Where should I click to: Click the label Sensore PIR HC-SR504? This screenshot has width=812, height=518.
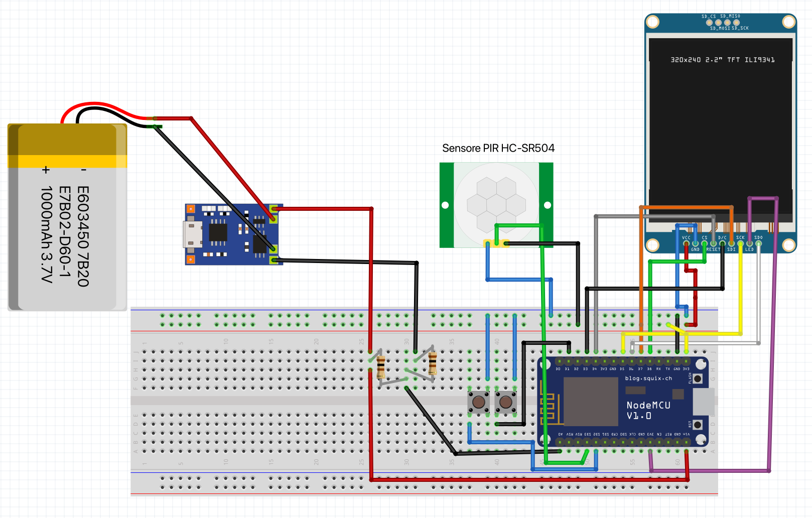tap(498, 148)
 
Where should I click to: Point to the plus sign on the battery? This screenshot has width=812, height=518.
tap(46, 170)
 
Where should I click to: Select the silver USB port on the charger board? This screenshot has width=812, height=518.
tap(191, 234)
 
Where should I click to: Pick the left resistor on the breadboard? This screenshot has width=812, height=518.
tap(381, 366)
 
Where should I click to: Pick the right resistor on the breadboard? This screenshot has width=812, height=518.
tap(433, 363)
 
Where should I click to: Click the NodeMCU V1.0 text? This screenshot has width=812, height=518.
tap(648, 410)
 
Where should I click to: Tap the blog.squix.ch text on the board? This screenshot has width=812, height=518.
tap(648, 378)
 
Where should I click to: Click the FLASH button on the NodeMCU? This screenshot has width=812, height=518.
tap(697, 379)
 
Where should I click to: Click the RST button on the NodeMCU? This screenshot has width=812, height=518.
tap(697, 425)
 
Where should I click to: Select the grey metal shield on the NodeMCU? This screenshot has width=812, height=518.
tap(591, 402)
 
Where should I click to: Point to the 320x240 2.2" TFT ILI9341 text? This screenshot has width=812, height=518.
tap(722, 60)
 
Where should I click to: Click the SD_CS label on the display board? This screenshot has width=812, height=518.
tap(708, 17)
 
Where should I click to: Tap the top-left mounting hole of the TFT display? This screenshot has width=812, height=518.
tap(652, 22)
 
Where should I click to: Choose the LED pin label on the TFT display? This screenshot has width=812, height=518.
tap(749, 249)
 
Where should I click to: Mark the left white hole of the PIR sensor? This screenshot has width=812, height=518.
tap(445, 205)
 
